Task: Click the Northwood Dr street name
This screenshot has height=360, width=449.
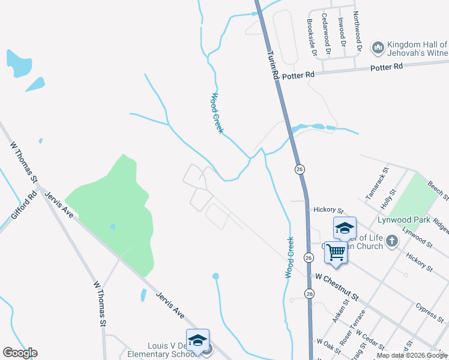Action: [x=358, y=31]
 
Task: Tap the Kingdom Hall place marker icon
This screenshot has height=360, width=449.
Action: [x=378, y=47]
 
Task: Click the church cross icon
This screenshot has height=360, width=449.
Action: [x=392, y=241]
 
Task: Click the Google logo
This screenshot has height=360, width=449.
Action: [x=20, y=353]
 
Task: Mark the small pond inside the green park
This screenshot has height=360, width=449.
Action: [x=112, y=226]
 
